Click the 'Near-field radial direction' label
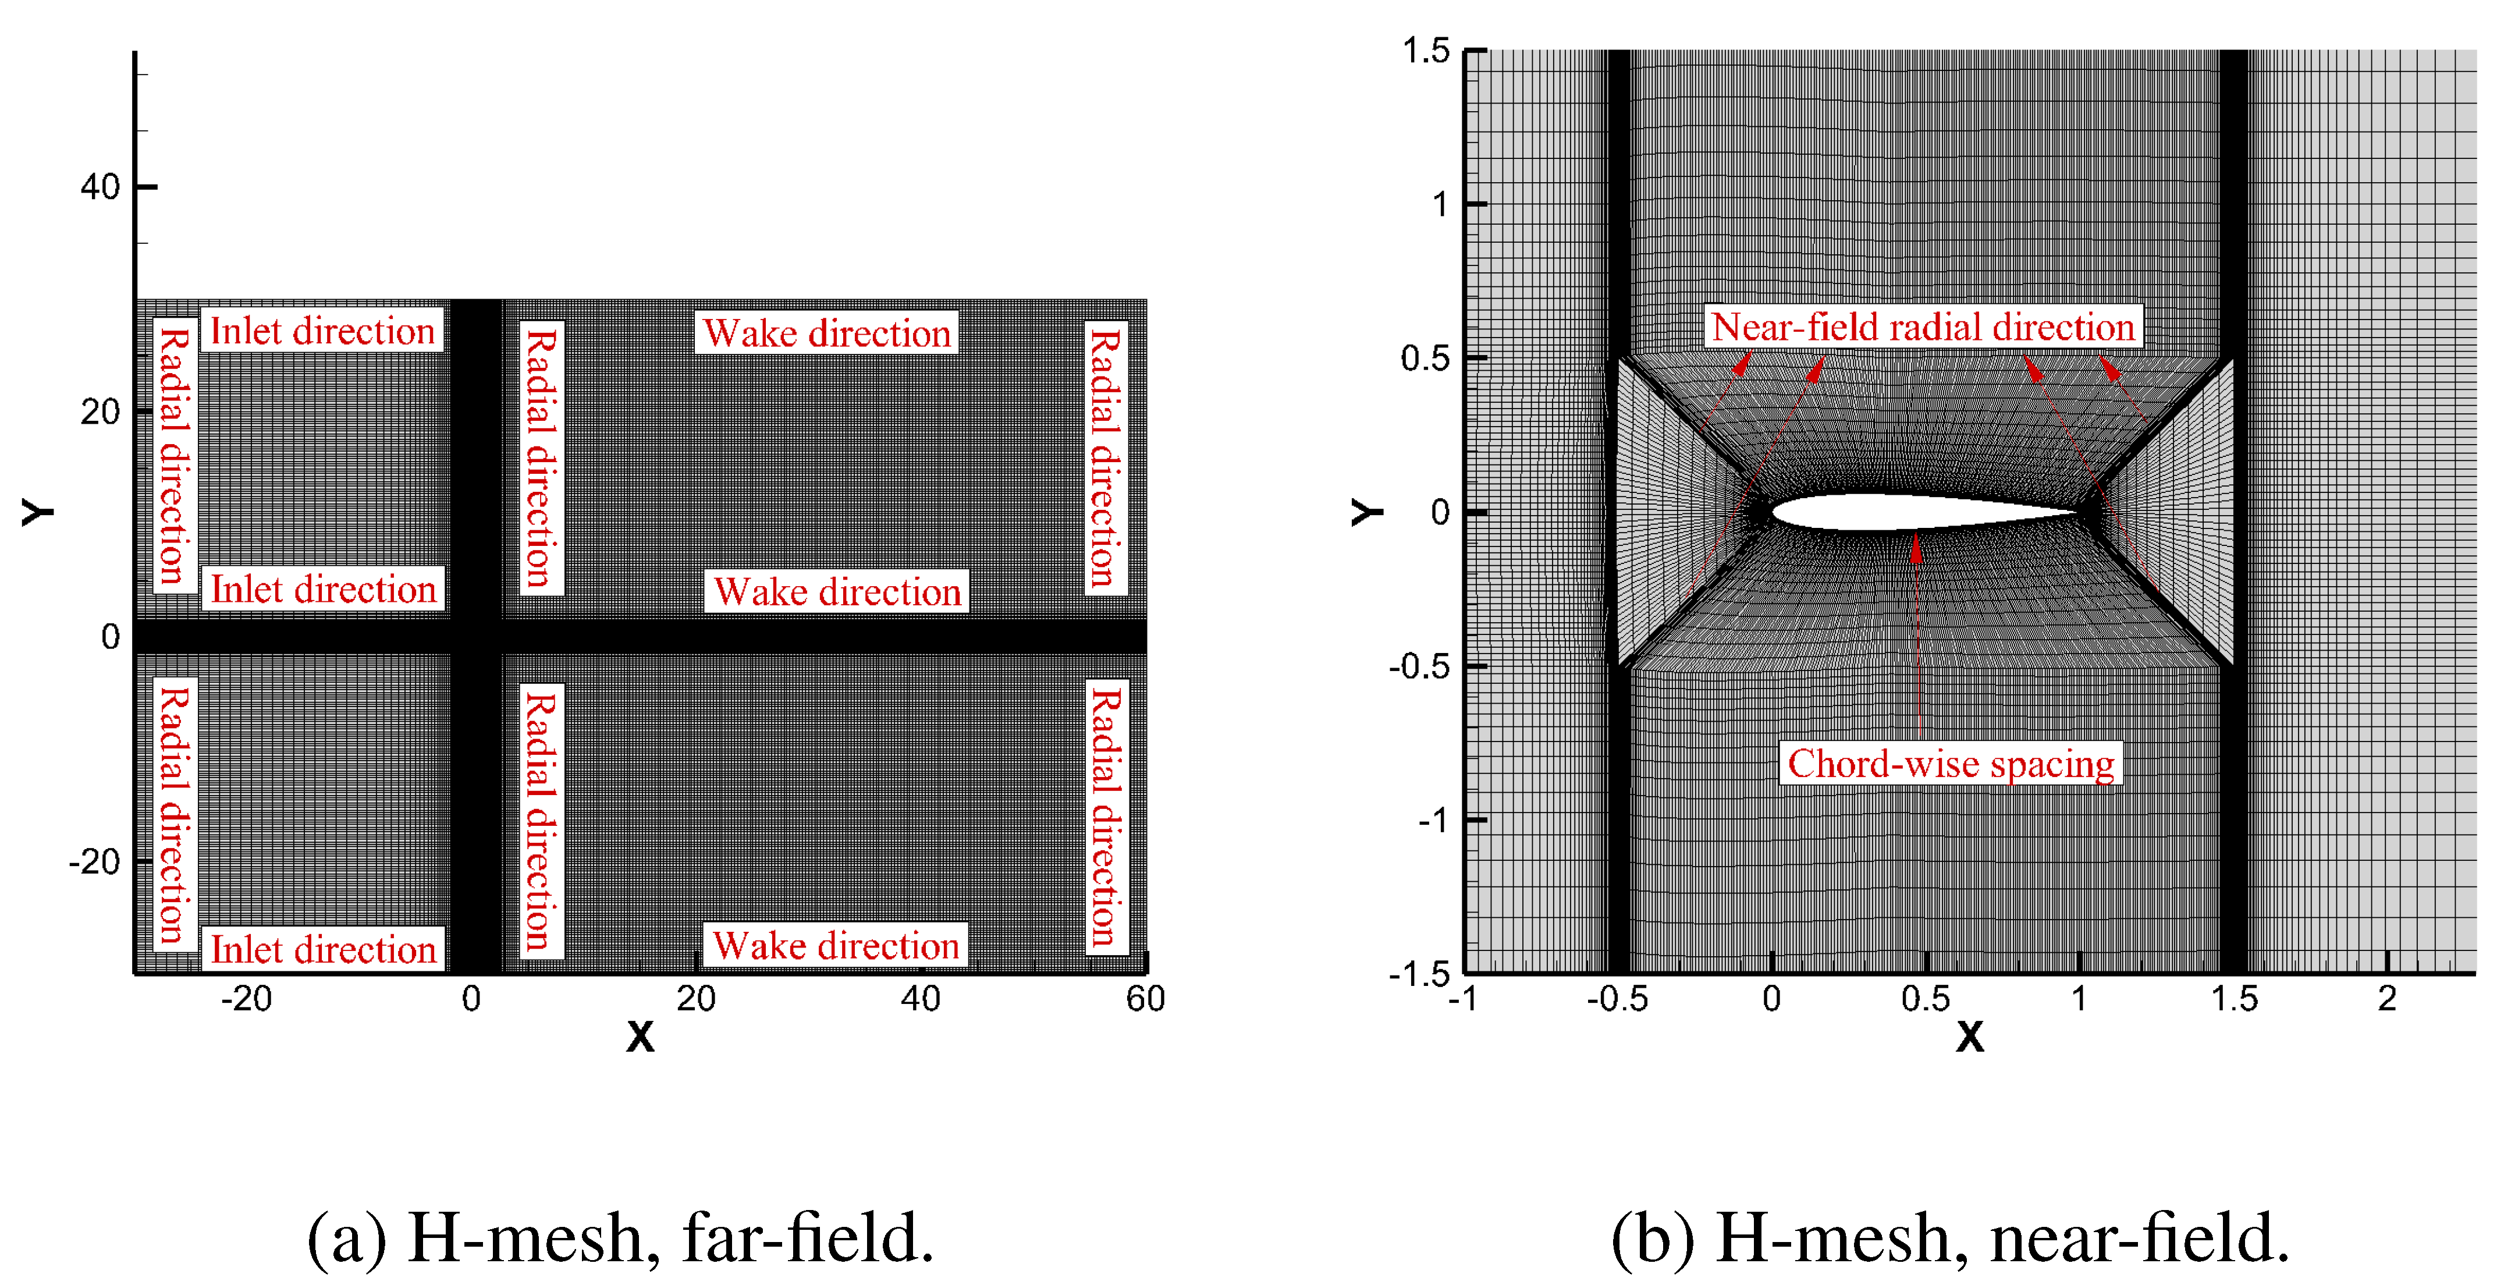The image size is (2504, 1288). pos(1921,328)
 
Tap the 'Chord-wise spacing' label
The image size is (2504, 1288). pos(1950,764)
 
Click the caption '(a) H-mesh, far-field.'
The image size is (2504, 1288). pos(620,1239)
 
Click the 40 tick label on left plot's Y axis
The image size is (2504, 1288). pos(100,187)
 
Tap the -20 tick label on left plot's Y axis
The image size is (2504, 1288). pos(94,862)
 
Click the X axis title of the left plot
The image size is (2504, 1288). pos(640,1037)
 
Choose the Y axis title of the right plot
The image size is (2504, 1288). pos(1367,512)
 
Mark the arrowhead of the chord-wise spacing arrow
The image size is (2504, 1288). pos(1916,547)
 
